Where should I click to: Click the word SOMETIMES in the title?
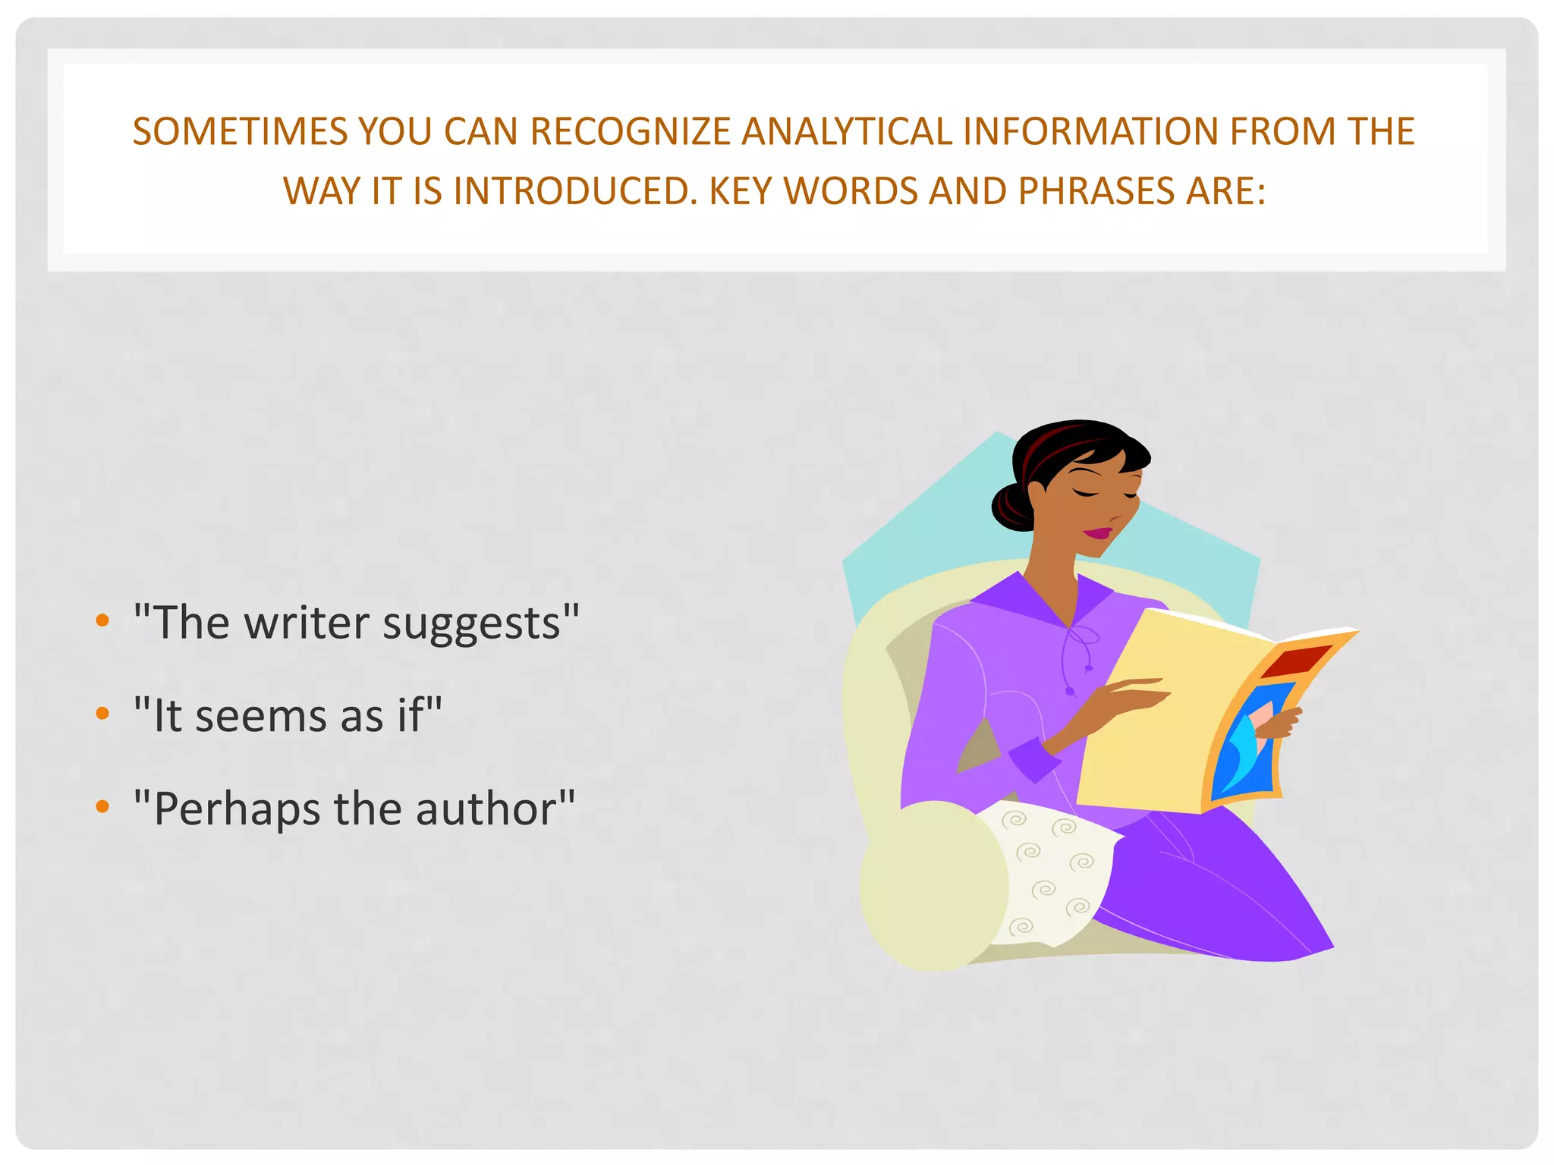[240, 132]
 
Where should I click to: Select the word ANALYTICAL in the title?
[846, 132]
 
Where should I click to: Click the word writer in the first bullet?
[305, 623]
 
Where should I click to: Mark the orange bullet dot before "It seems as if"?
[102, 714]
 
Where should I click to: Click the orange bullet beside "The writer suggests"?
[102, 621]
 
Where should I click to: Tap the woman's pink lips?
[1097, 533]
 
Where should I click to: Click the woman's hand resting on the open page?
[1131, 694]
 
